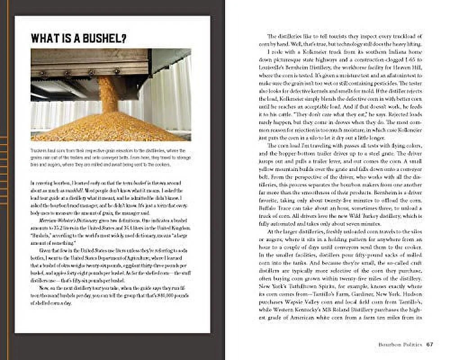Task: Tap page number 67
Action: [430, 344]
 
